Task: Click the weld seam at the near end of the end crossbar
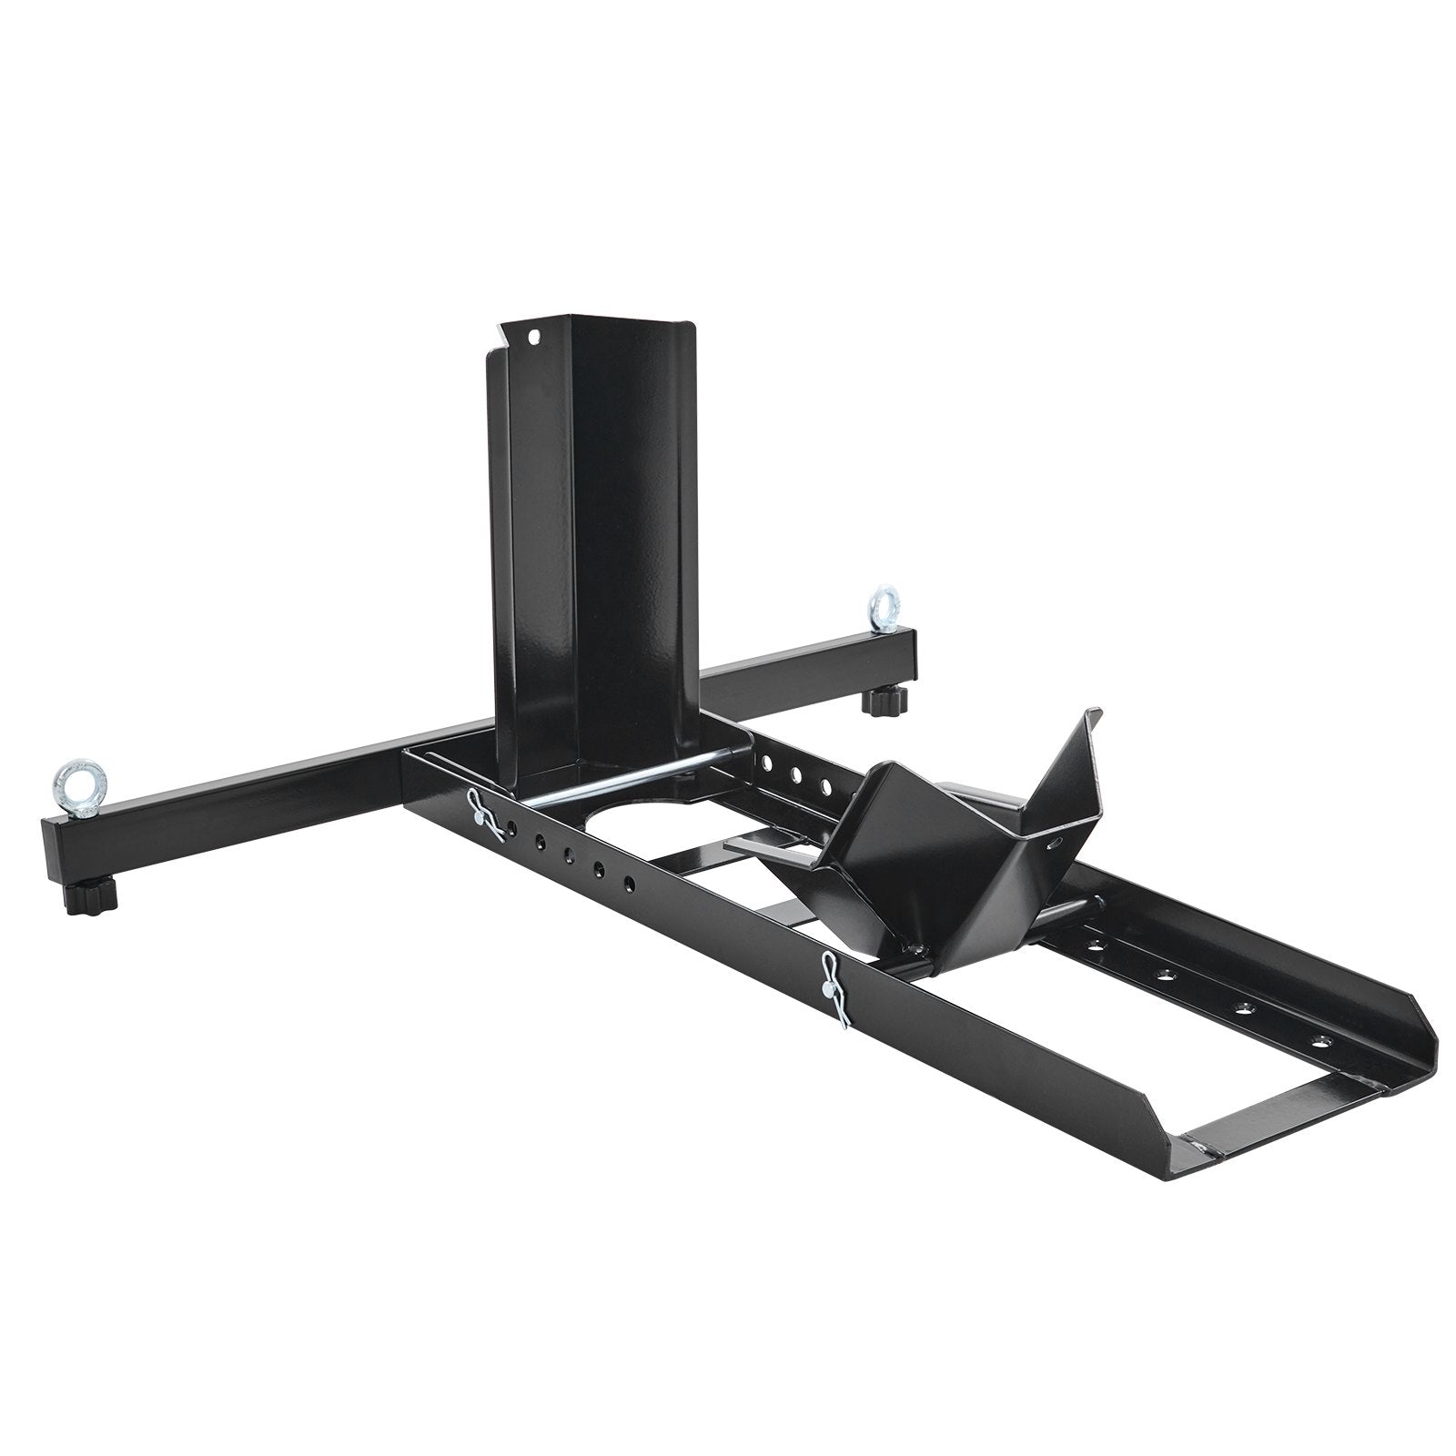(1197, 1148)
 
